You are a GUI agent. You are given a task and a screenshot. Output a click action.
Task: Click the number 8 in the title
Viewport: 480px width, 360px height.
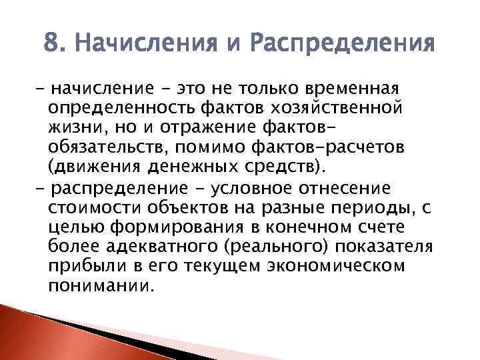point(49,46)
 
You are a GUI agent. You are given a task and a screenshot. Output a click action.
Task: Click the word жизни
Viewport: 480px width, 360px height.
point(70,125)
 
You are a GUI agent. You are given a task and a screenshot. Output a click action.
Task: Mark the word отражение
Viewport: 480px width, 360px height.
point(218,125)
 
